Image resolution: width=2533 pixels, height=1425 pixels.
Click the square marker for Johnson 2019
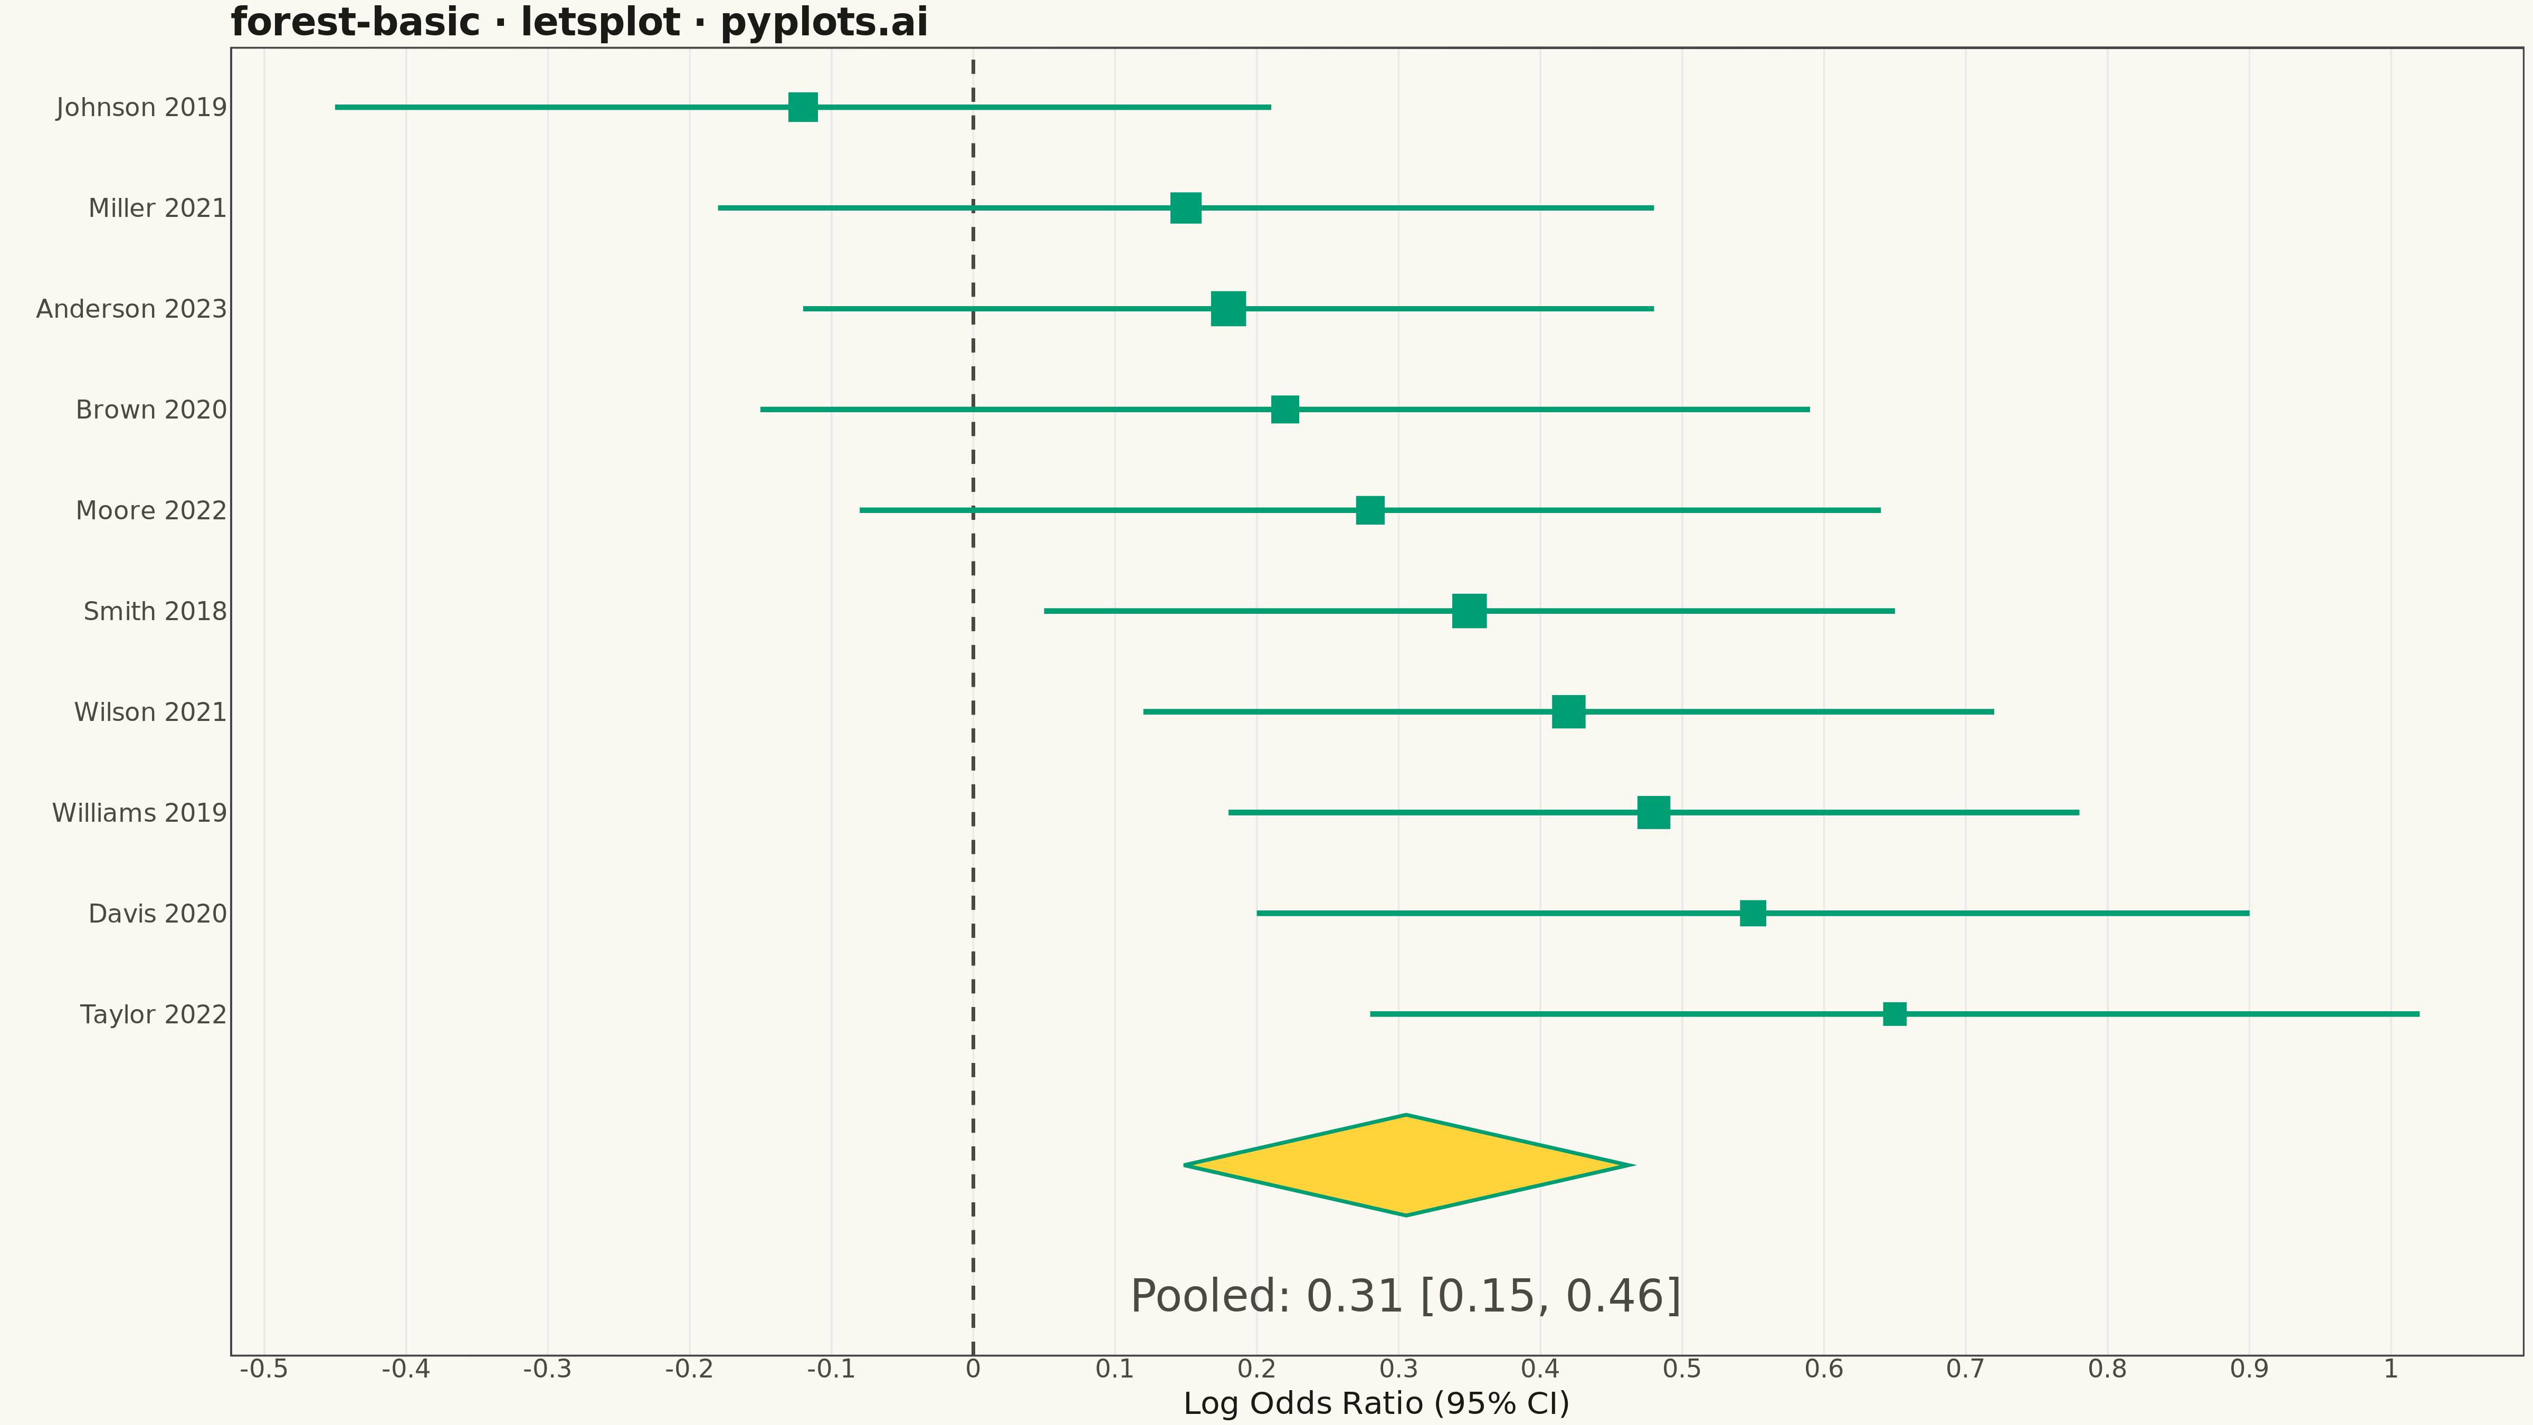click(x=802, y=107)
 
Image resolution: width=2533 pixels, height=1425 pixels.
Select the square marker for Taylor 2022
click(x=1894, y=1014)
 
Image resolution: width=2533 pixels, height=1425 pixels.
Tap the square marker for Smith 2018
click(x=1469, y=611)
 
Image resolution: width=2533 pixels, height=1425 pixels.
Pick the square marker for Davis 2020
click(x=1752, y=914)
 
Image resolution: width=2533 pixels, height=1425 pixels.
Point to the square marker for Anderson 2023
click(x=1228, y=309)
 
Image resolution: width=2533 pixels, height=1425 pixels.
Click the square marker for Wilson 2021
click(x=1568, y=712)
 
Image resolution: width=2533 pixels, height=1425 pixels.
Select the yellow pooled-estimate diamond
click(x=1407, y=1165)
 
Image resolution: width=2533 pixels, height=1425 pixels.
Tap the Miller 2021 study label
click(x=157, y=208)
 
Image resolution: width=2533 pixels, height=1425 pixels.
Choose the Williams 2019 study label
click(x=140, y=813)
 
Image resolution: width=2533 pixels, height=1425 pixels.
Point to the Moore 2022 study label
click(x=151, y=510)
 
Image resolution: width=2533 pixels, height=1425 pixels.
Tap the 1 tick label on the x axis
click(x=2391, y=1369)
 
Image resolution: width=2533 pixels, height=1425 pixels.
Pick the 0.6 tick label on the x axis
click(x=1824, y=1369)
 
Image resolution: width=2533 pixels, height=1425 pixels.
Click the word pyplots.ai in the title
click(x=824, y=23)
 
